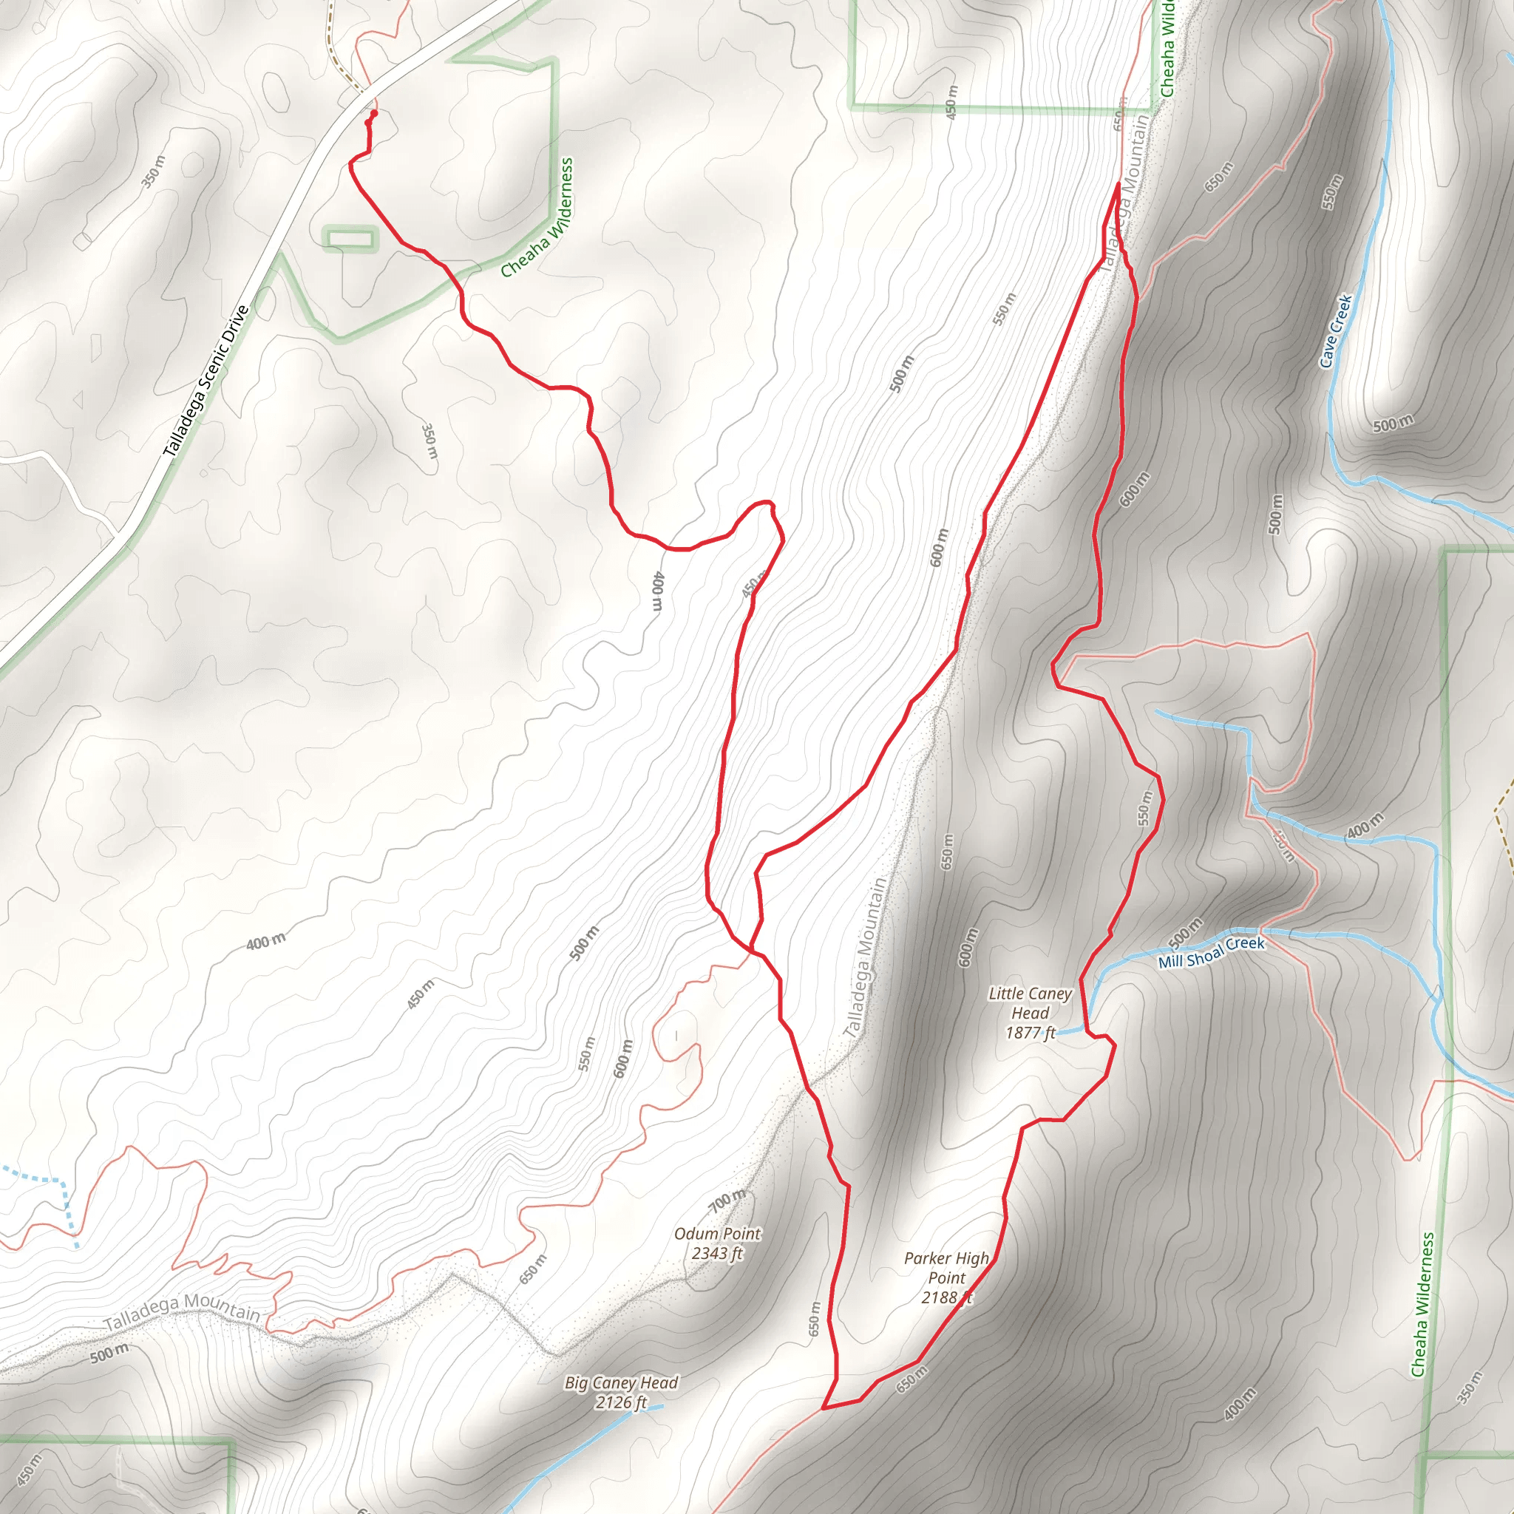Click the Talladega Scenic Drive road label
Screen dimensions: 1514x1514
pos(206,381)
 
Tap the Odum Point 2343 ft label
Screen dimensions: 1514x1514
pos(717,1243)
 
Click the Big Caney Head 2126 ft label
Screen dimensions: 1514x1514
pos(621,1393)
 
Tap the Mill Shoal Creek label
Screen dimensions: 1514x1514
pos(1211,952)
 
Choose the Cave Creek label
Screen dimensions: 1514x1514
pos(1335,330)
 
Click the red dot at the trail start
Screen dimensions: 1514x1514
pos(374,114)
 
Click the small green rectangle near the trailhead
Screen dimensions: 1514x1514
pos(350,237)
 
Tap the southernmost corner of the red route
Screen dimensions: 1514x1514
pos(824,1408)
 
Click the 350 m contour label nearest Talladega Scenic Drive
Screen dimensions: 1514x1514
pos(154,172)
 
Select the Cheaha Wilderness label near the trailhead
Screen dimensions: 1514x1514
pos(537,218)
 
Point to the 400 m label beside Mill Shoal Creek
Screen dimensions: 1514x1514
pos(1365,825)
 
